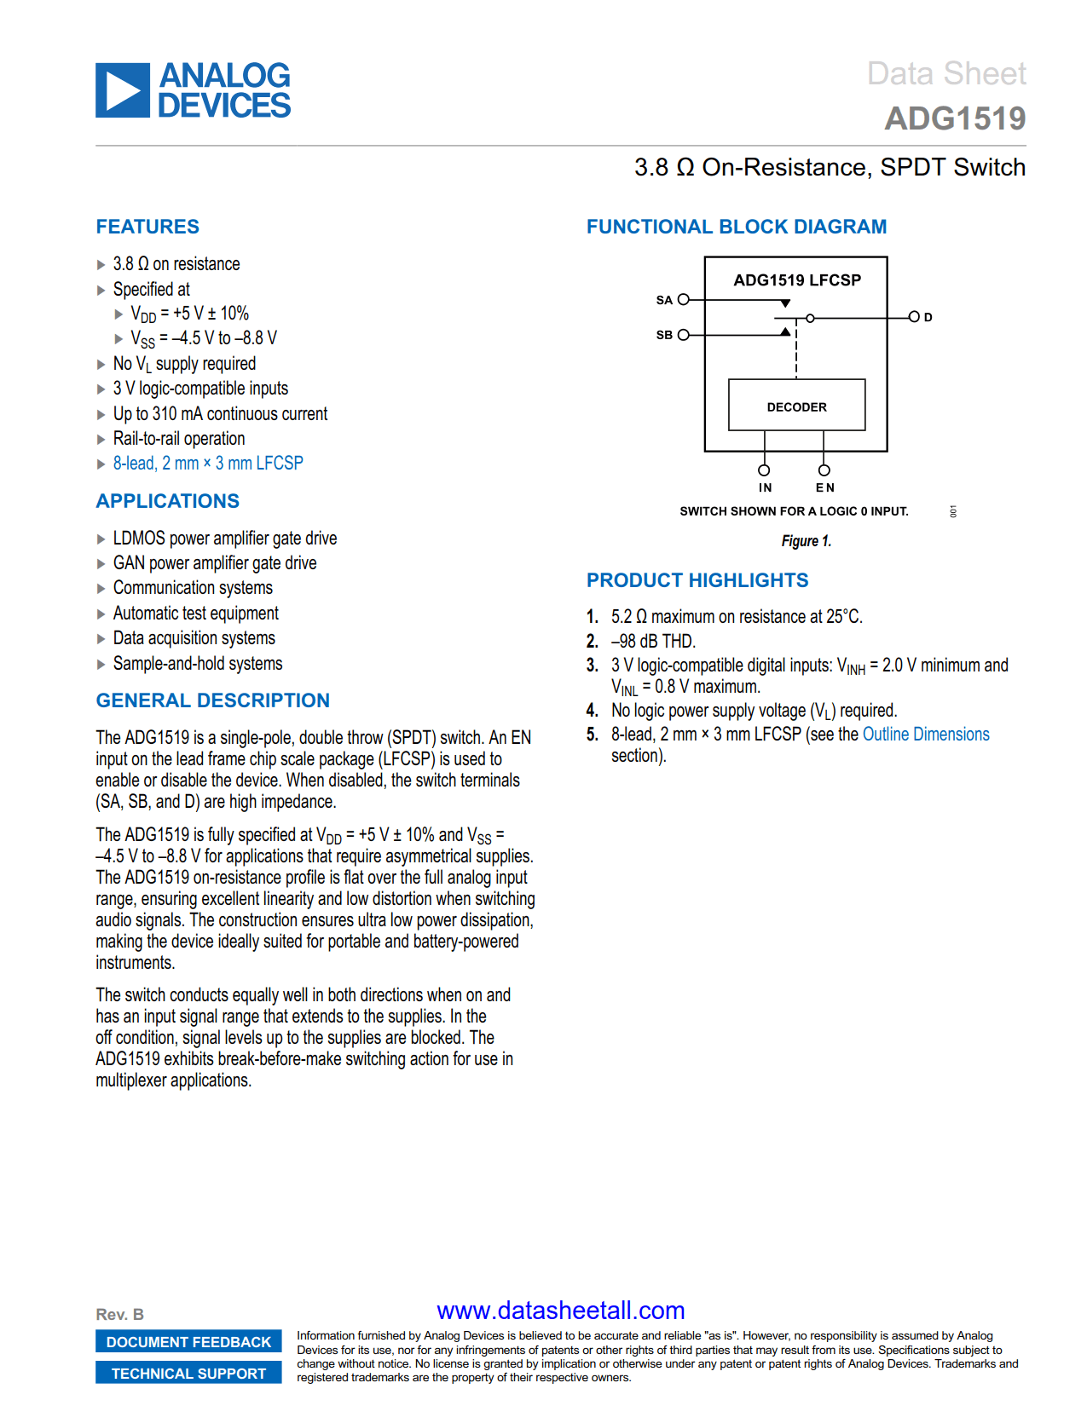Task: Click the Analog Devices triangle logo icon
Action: [123, 89]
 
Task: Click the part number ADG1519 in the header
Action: [955, 118]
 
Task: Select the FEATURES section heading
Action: [147, 227]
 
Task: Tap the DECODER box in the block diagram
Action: [796, 406]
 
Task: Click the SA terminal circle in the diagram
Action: [683, 300]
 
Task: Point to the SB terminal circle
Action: [683, 335]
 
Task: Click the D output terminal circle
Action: [914, 317]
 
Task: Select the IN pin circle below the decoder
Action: [764, 470]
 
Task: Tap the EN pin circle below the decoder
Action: [824, 470]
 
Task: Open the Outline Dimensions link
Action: [926, 735]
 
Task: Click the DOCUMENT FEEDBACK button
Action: [188, 1342]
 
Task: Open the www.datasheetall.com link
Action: [560, 1311]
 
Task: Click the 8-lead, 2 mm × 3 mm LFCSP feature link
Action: [208, 464]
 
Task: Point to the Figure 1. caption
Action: [806, 541]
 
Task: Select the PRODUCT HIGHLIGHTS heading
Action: [697, 580]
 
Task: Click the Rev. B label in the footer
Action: [120, 1315]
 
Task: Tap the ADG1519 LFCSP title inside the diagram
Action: [797, 280]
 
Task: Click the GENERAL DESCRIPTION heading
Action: [213, 700]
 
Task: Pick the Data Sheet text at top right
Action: [946, 74]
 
